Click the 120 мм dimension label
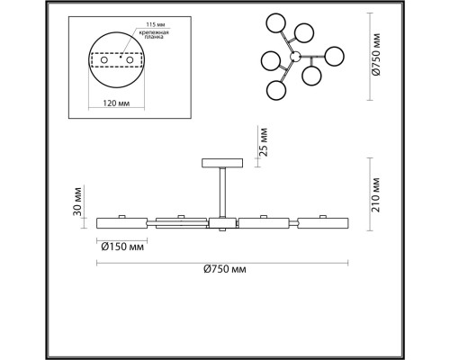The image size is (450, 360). coord(116,103)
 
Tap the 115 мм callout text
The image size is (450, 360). coord(156,24)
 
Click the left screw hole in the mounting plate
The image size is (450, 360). coord(104,60)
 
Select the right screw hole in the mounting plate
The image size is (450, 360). coord(130,60)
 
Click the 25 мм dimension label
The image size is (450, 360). coord(264,142)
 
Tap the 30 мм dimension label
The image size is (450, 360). coord(77,202)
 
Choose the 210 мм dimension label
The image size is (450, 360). coord(375,195)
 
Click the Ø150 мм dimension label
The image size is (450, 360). coord(122,247)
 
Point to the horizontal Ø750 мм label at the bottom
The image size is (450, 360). coord(225,269)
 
